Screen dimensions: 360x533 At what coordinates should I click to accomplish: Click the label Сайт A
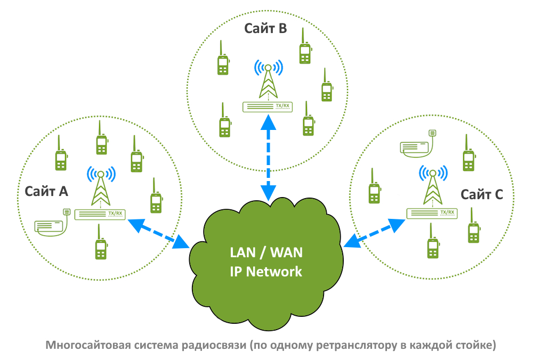point(46,191)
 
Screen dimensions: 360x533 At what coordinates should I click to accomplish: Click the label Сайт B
point(265,28)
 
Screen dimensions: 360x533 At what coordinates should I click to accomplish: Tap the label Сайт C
point(482,194)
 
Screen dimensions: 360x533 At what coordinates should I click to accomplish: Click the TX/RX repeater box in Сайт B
point(268,107)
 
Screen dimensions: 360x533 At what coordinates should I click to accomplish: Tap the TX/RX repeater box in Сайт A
point(101,214)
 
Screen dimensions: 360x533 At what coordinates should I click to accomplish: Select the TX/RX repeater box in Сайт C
point(432,212)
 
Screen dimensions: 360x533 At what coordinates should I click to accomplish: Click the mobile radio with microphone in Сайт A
point(52,224)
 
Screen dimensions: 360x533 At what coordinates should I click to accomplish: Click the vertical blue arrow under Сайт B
point(268,157)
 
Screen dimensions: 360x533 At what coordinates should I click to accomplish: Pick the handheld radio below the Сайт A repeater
point(100,244)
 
